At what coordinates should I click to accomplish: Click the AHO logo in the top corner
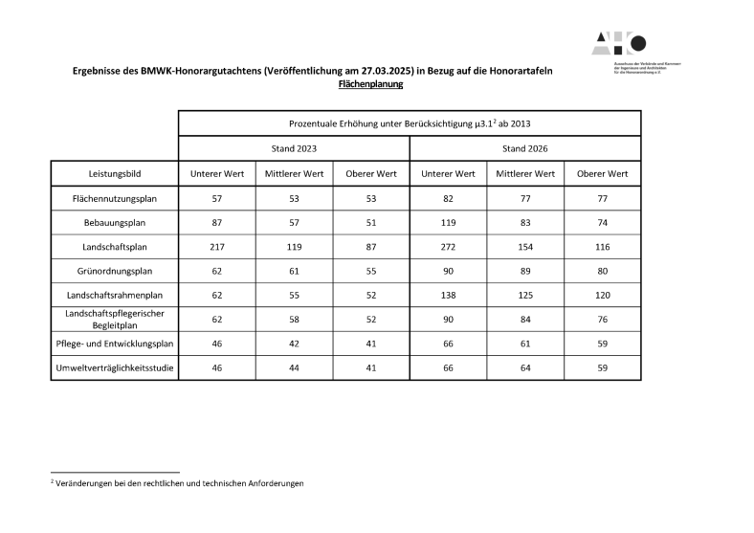point(620,43)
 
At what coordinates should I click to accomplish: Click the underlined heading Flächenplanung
point(371,84)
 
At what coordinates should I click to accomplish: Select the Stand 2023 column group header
point(294,148)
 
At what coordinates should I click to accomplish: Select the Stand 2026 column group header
point(524,148)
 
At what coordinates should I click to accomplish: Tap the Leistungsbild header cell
point(114,173)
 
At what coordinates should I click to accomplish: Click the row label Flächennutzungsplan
point(114,198)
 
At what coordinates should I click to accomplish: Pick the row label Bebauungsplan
point(114,222)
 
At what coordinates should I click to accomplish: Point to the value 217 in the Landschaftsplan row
point(216,247)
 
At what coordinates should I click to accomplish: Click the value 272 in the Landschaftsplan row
point(448,247)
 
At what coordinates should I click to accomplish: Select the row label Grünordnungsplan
point(114,271)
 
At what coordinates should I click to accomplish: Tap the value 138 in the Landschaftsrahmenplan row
point(448,296)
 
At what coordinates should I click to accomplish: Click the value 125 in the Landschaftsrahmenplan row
point(524,296)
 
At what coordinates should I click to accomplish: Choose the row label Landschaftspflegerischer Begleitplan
point(114,319)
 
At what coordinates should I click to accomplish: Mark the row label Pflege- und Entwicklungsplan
point(114,344)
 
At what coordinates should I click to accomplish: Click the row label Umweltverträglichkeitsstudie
point(114,367)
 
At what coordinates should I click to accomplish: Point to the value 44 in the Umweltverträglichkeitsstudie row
point(294,367)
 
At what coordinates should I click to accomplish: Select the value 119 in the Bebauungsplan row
point(448,222)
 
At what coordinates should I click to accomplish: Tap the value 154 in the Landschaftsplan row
point(524,247)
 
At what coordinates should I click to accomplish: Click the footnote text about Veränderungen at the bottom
point(177,483)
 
